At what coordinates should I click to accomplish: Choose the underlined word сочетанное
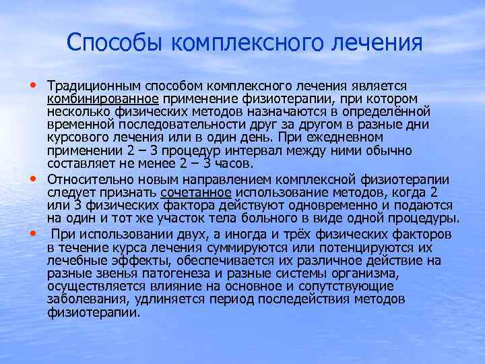pos(190,193)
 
